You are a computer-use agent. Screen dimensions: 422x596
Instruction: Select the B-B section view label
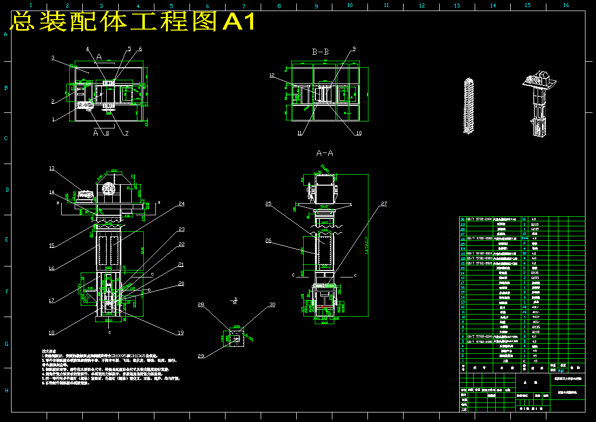320,52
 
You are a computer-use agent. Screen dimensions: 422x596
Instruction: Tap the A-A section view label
324,153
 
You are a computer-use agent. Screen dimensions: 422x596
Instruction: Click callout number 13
52,169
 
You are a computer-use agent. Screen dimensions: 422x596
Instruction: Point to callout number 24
181,204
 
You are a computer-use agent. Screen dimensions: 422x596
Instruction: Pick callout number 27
384,204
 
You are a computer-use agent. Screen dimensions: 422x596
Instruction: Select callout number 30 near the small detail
272,305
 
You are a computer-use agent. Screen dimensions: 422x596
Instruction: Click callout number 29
202,356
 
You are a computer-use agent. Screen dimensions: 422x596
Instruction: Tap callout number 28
201,305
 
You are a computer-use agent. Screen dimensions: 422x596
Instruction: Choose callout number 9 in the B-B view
353,49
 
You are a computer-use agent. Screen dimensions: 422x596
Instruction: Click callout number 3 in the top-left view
53,58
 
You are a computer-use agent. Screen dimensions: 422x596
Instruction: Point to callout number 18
52,332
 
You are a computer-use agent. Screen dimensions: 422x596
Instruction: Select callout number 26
269,241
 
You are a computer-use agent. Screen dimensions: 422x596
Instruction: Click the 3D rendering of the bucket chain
469,106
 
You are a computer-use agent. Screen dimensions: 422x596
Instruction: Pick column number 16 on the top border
566,5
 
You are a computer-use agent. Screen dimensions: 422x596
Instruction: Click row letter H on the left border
6,390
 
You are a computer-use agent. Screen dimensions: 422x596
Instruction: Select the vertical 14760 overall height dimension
369,246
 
